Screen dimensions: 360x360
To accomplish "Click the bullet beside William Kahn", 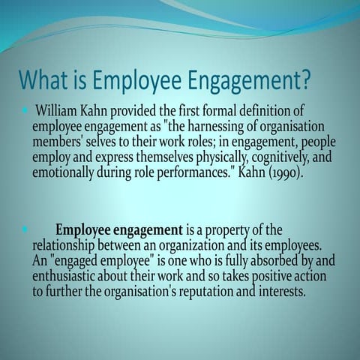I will pyautogui.click(x=25, y=111).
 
